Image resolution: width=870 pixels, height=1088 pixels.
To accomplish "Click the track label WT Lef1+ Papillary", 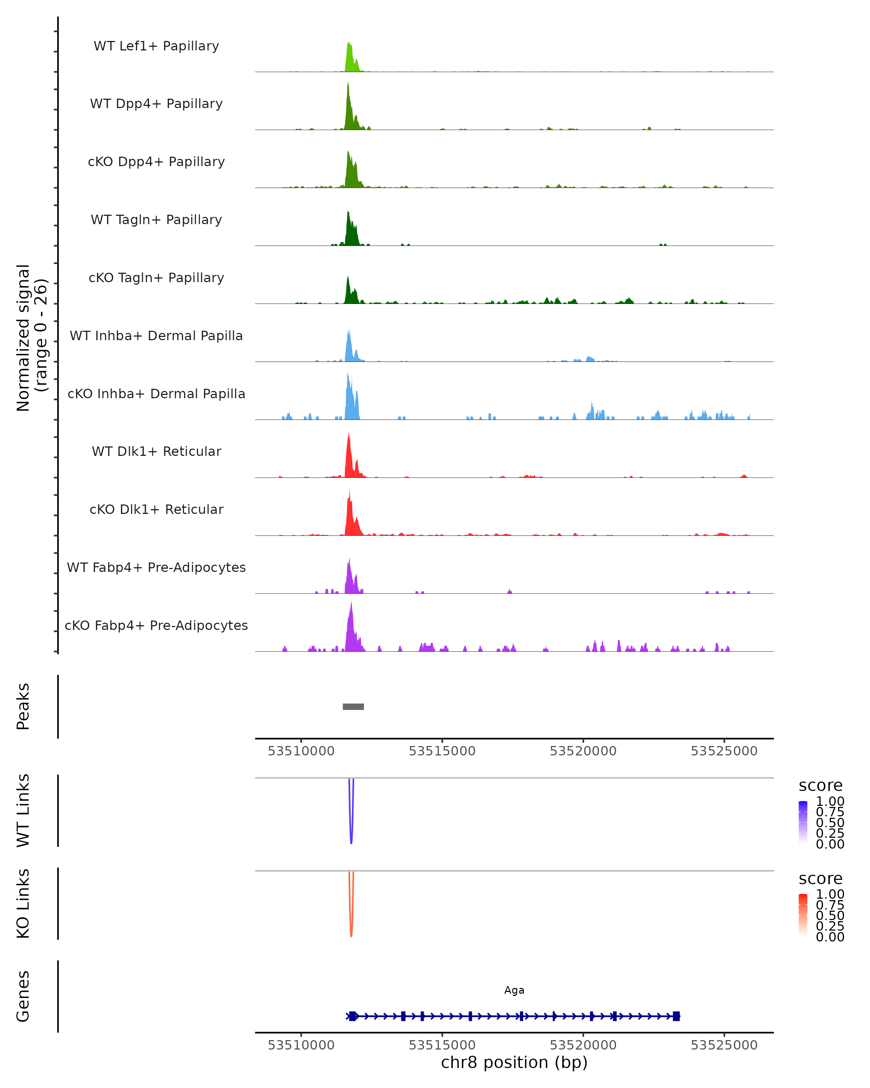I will (x=156, y=46).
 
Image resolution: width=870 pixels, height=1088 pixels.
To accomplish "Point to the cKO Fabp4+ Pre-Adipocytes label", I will (x=156, y=625).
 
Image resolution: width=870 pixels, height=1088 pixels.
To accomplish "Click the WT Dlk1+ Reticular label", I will (x=156, y=451).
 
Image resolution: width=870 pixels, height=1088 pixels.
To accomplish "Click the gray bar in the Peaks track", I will (x=353, y=706).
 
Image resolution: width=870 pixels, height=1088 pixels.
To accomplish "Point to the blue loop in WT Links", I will (x=351, y=828).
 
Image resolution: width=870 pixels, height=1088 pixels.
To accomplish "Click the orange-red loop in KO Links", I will (x=351, y=921).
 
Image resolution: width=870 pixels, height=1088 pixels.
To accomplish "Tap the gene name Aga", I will (x=514, y=990).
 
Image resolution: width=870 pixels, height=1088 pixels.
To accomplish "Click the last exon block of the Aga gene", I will (x=676, y=1016).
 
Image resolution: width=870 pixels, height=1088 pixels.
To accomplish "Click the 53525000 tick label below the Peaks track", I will (x=724, y=751).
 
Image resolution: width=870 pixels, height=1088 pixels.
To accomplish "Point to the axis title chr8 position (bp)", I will (x=514, y=1062).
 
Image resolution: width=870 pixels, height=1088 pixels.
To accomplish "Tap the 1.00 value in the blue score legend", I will (x=830, y=801).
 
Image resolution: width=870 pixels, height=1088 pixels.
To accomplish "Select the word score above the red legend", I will (x=821, y=879).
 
